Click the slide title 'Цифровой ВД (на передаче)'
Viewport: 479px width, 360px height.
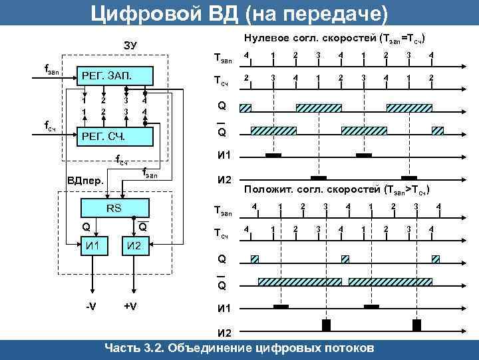239,12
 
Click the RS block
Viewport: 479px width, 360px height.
114,207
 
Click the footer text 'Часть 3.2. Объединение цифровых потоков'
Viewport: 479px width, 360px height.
239,348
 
